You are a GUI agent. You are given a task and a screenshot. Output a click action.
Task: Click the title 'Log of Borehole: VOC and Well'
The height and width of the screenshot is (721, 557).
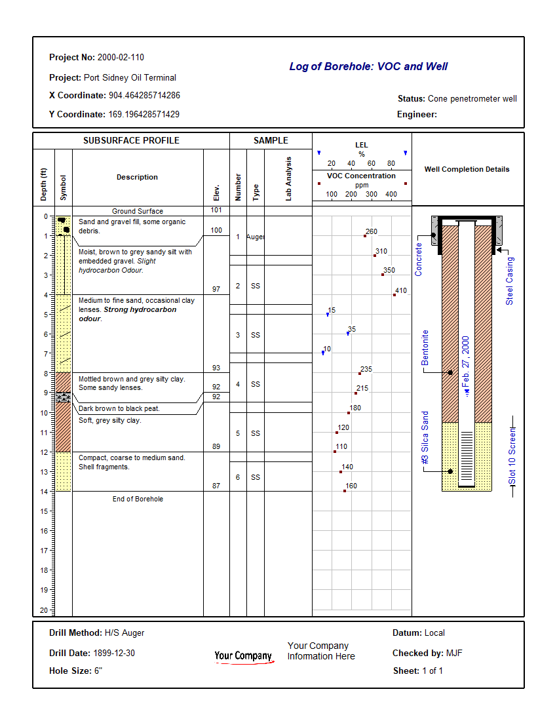[x=368, y=66]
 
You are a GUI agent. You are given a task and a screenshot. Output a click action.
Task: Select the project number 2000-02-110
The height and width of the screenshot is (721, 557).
[x=121, y=58]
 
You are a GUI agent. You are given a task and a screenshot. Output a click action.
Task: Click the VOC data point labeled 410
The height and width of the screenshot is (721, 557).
[x=394, y=295]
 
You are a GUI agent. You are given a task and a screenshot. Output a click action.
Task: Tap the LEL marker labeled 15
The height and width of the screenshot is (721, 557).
[x=328, y=315]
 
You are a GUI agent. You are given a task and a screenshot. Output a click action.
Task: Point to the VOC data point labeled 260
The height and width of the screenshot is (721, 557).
[x=365, y=236]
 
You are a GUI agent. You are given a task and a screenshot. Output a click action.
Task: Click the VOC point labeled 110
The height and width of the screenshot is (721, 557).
[x=335, y=452]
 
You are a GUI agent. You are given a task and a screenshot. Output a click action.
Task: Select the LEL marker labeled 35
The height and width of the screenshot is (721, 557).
[x=348, y=334]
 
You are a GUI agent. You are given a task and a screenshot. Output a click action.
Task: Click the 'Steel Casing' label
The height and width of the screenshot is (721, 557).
[x=510, y=281]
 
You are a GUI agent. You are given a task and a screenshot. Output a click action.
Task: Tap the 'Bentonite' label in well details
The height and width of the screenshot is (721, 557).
[x=425, y=347]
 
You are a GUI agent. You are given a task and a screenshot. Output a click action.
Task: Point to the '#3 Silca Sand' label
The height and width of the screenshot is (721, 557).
[x=425, y=438]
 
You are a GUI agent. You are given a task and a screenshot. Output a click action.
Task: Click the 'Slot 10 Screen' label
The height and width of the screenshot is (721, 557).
[x=512, y=455]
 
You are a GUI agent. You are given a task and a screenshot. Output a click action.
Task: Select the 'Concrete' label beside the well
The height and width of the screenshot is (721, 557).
[x=419, y=259]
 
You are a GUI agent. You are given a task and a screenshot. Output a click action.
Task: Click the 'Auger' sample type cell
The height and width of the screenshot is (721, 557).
[x=255, y=237]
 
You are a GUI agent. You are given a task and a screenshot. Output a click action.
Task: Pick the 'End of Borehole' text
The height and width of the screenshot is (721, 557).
[x=138, y=499]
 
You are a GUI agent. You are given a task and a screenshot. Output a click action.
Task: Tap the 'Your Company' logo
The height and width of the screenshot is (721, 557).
[x=243, y=656]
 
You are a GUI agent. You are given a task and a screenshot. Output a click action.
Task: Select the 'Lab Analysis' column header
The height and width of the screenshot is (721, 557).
[x=288, y=178]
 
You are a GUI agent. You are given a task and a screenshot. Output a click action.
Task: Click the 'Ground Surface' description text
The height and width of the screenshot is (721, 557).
[x=138, y=211]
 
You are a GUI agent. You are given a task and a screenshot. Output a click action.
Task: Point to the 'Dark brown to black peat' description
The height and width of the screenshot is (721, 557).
[x=119, y=408]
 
